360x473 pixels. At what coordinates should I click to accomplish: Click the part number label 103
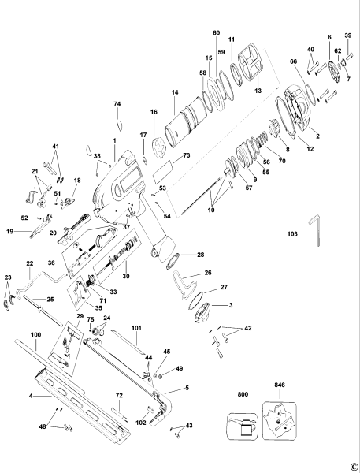tap(292, 235)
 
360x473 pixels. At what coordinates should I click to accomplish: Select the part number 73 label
tap(187, 157)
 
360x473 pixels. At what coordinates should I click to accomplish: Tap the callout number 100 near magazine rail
tap(35, 335)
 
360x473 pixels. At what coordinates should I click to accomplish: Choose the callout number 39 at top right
tap(347, 35)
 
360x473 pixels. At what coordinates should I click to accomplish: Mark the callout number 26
tap(208, 273)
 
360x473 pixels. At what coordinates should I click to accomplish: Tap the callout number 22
tap(30, 263)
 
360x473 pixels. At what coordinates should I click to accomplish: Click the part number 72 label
tap(119, 394)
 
